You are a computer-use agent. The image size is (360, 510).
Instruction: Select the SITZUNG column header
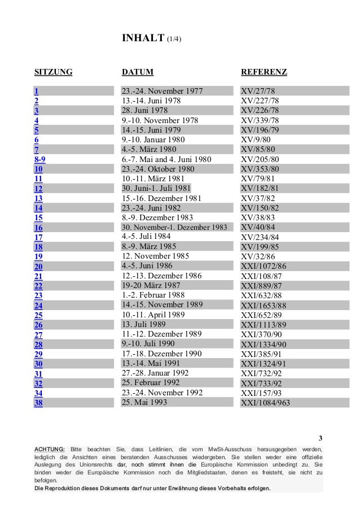coord(54,72)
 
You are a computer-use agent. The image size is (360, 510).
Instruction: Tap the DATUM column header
coord(138,72)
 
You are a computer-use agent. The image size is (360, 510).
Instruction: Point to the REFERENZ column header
coord(264,72)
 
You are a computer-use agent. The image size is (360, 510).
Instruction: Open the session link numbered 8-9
coord(39,159)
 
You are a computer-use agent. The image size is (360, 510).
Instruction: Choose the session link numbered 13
coord(38,198)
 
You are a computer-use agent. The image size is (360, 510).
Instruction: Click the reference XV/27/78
coord(258,91)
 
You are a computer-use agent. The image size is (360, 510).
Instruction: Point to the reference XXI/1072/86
coord(264,266)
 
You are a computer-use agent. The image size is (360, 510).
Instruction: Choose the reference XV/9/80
coord(256,140)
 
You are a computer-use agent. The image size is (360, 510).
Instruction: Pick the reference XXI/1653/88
coord(264,305)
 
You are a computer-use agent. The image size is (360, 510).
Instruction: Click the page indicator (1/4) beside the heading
coord(174,39)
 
